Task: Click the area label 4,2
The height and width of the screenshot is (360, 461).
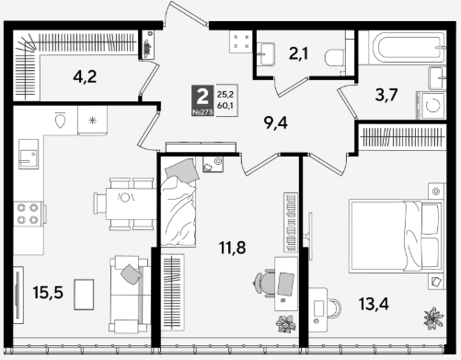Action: pos(85,76)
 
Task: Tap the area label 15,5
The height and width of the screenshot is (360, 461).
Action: pos(48,292)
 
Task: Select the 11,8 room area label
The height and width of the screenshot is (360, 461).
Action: pos(233,248)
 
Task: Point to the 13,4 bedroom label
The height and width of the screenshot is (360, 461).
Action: pos(374,304)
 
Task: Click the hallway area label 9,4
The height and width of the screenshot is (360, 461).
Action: pos(276,122)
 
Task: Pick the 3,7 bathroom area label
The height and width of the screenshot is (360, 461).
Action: pos(386,95)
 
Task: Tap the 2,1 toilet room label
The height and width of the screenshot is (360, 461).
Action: pos(298,53)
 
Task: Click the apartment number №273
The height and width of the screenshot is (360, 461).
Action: pos(202,112)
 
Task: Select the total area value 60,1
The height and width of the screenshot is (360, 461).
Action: pos(225,106)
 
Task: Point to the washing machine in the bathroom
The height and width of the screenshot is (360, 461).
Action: pos(432,105)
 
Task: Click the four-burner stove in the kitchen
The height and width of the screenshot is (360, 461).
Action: pos(28,214)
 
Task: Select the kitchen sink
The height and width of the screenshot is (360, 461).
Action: pos(29,154)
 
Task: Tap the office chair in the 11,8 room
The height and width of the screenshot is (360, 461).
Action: pos(263,283)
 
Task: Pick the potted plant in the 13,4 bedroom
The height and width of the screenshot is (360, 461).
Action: pos(433,318)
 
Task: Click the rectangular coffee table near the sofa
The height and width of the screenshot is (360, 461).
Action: pos(84,295)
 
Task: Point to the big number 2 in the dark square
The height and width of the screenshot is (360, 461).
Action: pos(202,96)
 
